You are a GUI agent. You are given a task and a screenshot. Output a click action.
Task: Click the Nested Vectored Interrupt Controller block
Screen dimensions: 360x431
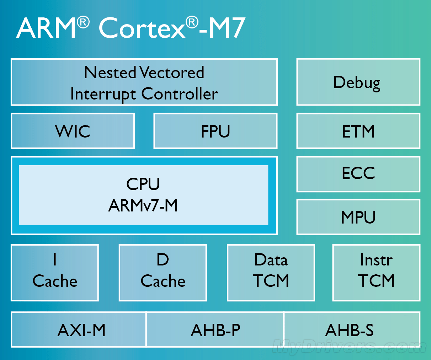tap(144, 82)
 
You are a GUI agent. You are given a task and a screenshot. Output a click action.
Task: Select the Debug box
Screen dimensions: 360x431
tap(358, 82)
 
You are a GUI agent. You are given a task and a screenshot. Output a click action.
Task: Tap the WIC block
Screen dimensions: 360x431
tap(73, 131)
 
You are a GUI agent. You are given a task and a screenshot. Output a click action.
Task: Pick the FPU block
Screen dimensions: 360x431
tap(215, 131)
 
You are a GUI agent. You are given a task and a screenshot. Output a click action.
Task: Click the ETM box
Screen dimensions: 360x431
tap(358, 131)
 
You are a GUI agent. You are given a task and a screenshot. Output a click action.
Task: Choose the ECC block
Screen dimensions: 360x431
tap(358, 174)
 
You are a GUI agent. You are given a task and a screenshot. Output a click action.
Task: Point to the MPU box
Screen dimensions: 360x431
tap(358, 217)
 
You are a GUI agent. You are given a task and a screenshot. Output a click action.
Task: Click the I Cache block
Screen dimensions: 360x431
tap(55, 273)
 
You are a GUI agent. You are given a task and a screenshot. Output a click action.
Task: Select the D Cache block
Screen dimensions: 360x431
tap(163, 273)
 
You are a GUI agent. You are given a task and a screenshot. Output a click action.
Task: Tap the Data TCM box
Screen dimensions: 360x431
tap(271, 273)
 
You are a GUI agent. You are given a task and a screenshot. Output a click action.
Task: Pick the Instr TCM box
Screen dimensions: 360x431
tap(376, 273)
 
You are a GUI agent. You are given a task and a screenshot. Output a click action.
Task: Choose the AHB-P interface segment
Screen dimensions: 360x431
tap(215, 330)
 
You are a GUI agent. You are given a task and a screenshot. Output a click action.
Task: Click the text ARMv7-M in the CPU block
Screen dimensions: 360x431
tap(143, 206)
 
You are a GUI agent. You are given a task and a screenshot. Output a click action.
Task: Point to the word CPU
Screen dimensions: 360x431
tap(143, 184)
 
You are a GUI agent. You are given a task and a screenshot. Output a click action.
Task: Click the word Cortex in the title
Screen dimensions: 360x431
tap(142, 28)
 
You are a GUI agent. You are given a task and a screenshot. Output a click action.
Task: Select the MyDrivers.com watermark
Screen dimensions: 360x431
tap(350, 347)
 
